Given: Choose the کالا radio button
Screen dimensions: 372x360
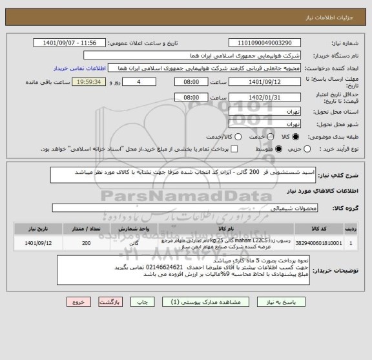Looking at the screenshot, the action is coord(296,137).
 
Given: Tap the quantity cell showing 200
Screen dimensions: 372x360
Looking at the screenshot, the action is coord(87,244).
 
